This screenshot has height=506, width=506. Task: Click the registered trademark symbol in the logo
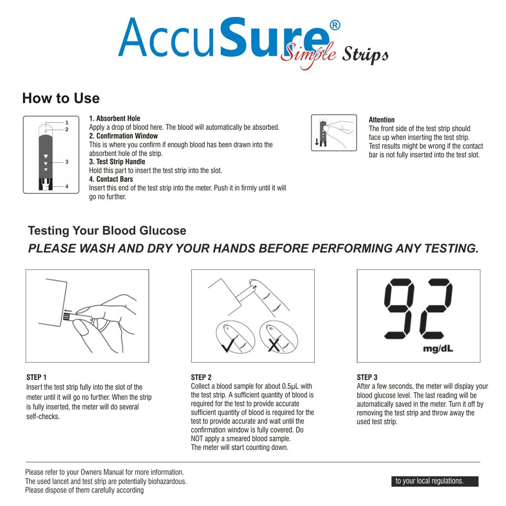334,25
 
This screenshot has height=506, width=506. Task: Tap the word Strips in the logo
365,55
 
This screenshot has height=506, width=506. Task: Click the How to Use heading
61,98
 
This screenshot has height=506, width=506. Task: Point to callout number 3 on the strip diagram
67,162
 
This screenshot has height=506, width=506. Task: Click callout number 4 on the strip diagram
67,186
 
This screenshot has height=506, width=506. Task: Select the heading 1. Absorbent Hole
115,118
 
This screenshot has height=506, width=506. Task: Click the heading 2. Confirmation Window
124,136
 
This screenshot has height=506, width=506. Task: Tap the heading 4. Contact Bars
111,179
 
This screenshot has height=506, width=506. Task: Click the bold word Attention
382,120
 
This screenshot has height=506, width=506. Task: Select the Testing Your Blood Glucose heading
107,231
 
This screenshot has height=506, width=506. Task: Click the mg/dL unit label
438,349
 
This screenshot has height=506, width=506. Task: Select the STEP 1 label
36,377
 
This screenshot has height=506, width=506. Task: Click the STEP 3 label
367,377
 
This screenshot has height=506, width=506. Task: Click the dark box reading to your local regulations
435,481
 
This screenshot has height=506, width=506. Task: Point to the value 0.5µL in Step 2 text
290,386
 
